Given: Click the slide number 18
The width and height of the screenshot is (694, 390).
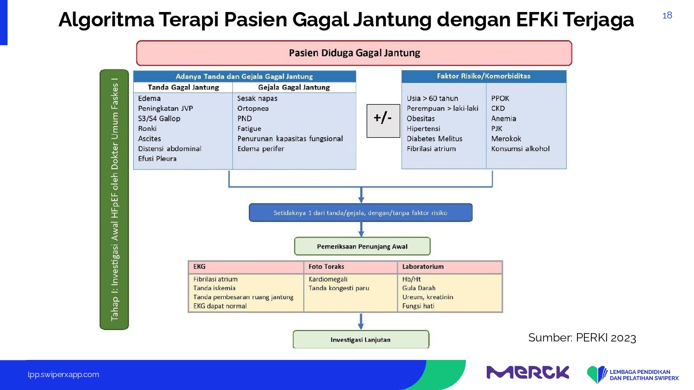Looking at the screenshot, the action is (667, 15).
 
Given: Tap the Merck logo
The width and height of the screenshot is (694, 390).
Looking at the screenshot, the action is (527, 372).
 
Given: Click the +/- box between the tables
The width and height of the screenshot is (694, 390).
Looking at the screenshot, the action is (383, 121).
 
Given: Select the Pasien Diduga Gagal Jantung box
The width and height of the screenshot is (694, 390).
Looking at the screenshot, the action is (354, 53).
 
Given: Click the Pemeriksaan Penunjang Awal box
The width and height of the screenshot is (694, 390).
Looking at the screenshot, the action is (362, 246).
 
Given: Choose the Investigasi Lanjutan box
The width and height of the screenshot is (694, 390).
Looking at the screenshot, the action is (361, 340).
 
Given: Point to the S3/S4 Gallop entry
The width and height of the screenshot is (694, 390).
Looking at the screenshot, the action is (159, 119).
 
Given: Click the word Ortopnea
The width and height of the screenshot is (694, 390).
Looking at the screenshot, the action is (253, 109).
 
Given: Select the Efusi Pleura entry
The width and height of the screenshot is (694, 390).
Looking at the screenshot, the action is (157, 159).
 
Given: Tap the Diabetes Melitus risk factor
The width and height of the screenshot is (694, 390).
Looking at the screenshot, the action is (434, 139).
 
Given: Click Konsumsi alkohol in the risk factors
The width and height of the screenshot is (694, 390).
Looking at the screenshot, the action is (520, 149).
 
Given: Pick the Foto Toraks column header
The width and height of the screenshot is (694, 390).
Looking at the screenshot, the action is (326, 267).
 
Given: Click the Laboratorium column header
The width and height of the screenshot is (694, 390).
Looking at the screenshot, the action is (423, 267).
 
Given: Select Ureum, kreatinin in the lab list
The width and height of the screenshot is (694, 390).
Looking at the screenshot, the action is (428, 297).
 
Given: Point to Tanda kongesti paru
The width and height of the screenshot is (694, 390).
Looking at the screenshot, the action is (339, 288).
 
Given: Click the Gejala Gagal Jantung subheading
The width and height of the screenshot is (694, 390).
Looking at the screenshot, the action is (294, 87).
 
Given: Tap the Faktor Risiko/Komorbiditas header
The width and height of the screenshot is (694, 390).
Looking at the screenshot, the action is (483, 76).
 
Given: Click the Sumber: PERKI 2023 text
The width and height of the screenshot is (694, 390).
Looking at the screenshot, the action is (582, 338).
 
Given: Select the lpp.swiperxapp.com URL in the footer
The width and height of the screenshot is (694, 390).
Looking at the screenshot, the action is (63, 375).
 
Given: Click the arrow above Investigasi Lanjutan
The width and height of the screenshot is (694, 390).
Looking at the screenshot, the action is (360, 321).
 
